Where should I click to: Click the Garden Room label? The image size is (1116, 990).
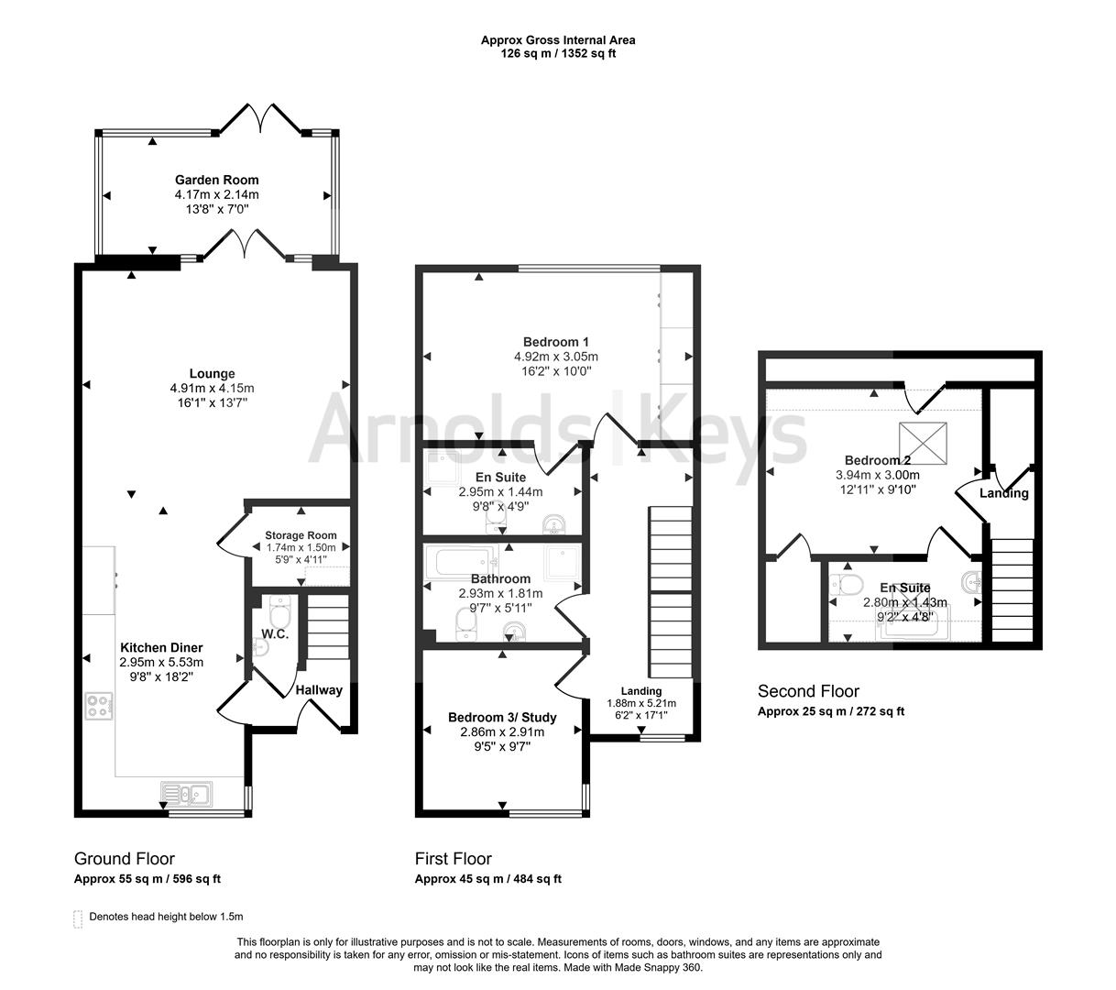click(216, 180)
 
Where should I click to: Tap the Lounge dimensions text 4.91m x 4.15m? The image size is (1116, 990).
click(212, 388)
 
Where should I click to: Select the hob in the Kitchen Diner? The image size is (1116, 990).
click(99, 706)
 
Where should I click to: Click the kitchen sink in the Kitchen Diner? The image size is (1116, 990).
click(186, 794)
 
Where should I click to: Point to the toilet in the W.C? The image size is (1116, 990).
click(279, 609)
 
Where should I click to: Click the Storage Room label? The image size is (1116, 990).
click(301, 535)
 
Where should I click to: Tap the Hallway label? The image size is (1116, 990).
click(319, 689)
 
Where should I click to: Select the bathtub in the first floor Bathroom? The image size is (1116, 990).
click(463, 562)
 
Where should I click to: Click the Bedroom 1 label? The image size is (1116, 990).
click(556, 342)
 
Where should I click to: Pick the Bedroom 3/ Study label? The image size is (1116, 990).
click(502, 717)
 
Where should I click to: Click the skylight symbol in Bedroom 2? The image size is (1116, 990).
click(923, 443)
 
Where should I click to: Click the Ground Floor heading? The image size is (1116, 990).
click(125, 858)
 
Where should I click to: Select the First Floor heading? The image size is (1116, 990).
click(454, 858)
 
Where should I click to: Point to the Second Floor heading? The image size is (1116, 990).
click(809, 691)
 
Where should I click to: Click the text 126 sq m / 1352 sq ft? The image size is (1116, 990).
click(558, 53)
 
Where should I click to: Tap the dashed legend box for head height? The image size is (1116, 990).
click(78, 918)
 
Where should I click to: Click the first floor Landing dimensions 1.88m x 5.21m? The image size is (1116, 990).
click(641, 703)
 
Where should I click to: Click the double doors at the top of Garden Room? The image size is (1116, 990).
click(260, 116)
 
